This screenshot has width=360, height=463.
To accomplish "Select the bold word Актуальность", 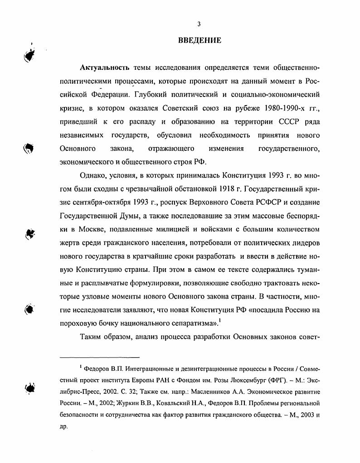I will pyautogui.click(x=105, y=68).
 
